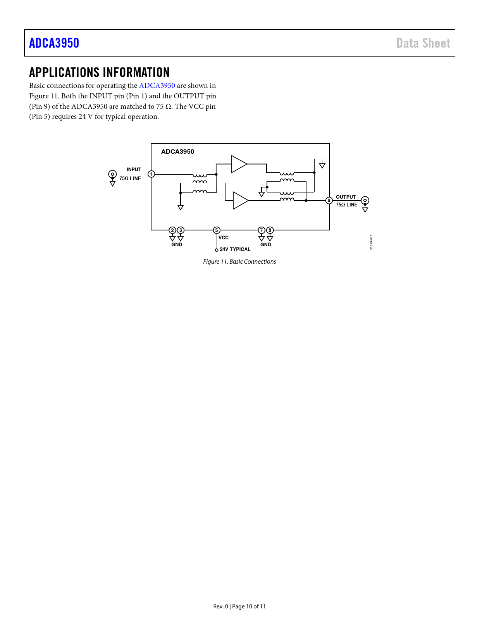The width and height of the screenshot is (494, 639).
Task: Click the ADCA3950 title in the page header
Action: (54, 43)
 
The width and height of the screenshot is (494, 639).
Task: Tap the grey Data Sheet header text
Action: (423, 43)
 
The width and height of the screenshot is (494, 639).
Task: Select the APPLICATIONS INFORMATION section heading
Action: (100, 72)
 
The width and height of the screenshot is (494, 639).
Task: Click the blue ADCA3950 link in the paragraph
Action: (157, 86)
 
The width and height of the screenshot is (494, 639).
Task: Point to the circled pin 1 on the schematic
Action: (151, 174)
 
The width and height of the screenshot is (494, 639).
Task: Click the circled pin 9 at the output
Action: (329, 201)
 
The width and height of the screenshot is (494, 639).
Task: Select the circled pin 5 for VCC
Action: (217, 230)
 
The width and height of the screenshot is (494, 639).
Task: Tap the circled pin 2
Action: (172, 230)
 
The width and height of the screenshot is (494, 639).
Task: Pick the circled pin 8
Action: (270, 230)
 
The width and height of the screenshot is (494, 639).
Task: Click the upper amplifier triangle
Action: (239, 164)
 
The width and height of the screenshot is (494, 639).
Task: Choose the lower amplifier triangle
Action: (240, 201)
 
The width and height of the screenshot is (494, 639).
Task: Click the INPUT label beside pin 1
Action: (134, 169)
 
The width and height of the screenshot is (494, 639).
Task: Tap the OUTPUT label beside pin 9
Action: (346, 197)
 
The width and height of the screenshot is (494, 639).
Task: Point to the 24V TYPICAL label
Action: (235, 249)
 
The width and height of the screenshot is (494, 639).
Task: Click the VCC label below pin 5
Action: (224, 238)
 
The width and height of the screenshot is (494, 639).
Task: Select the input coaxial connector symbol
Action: (112, 174)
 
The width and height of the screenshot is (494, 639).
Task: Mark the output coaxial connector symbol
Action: (365, 201)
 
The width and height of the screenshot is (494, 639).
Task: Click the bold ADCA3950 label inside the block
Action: (178, 152)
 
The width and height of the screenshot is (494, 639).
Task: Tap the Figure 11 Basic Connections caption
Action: (239, 262)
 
